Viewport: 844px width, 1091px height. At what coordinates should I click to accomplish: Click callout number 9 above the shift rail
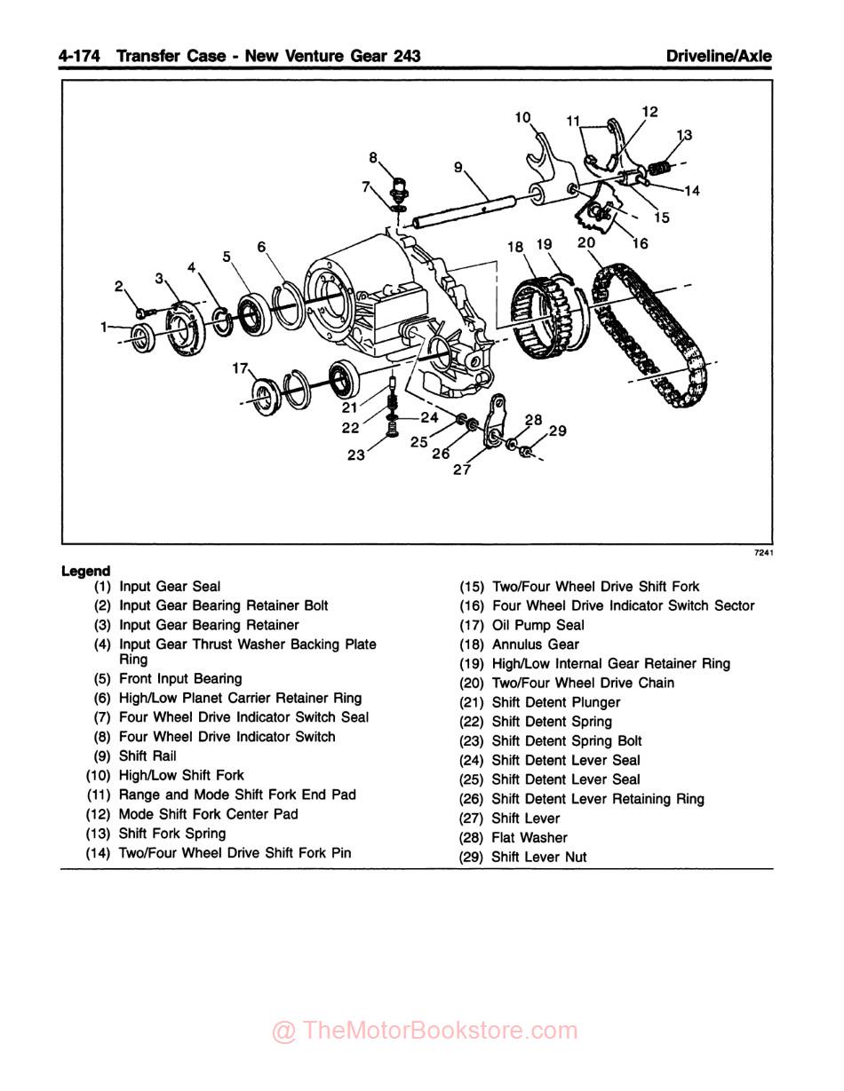(x=458, y=166)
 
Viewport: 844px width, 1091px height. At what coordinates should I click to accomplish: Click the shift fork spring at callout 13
(x=659, y=166)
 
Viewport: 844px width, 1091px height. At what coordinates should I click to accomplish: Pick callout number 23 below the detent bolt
(x=356, y=457)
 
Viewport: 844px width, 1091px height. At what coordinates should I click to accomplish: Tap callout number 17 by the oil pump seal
(x=239, y=367)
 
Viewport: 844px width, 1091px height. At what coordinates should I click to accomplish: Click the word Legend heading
(x=86, y=571)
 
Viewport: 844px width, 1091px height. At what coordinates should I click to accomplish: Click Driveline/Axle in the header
(x=719, y=56)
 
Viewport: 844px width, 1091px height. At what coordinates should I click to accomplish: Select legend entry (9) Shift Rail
(x=147, y=756)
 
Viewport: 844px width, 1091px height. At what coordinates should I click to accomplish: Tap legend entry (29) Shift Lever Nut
(x=538, y=858)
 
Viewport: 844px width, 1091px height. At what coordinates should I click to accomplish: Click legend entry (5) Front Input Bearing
(x=179, y=679)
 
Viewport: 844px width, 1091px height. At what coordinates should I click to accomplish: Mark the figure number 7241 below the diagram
(x=763, y=554)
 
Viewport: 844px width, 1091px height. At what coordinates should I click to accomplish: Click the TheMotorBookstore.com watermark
(x=425, y=1031)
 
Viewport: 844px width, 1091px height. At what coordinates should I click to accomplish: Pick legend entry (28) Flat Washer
(x=529, y=838)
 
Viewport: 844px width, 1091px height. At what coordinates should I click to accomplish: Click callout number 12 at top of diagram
(x=649, y=112)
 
